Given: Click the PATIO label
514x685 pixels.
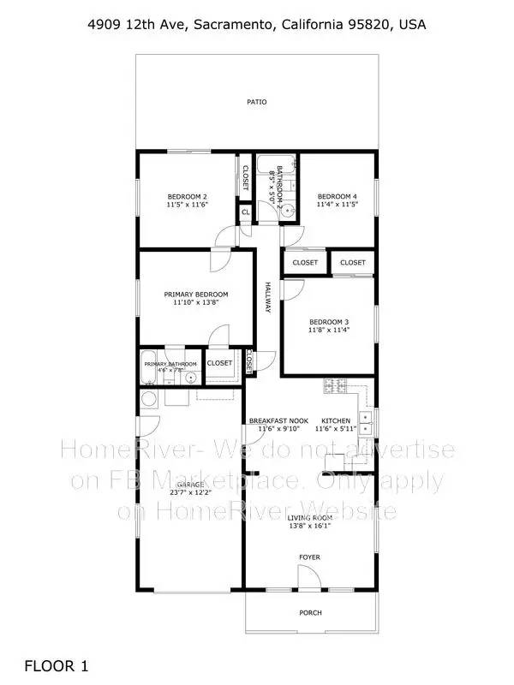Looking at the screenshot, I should pyautogui.click(x=257, y=102).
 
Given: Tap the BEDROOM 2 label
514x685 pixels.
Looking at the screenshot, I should pyautogui.click(x=187, y=196).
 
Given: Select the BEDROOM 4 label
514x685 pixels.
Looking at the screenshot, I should pyautogui.click(x=337, y=196).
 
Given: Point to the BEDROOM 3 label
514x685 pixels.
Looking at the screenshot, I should pyautogui.click(x=329, y=322).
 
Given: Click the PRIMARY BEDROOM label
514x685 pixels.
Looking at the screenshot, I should pyautogui.click(x=196, y=294).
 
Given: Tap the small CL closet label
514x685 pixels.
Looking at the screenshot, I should pyautogui.click(x=245, y=212).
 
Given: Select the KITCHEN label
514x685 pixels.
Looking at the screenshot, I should pyautogui.click(x=335, y=420).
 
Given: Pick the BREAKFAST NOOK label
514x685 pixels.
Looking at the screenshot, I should pyautogui.click(x=278, y=420).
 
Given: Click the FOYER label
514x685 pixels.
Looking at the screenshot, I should pyautogui.click(x=309, y=557).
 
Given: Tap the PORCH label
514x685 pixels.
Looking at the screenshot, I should pyautogui.click(x=309, y=612).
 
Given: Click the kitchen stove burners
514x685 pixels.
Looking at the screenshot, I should pyautogui.click(x=333, y=387).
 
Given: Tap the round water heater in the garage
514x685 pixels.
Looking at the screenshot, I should pyautogui.click(x=148, y=398).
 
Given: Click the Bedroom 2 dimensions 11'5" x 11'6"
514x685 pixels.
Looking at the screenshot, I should pyautogui.click(x=187, y=205).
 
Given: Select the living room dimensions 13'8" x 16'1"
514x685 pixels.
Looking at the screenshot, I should pyautogui.click(x=309, y=527).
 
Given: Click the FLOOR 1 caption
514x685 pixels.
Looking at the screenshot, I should pyautogui.click(x=56, y=664).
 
